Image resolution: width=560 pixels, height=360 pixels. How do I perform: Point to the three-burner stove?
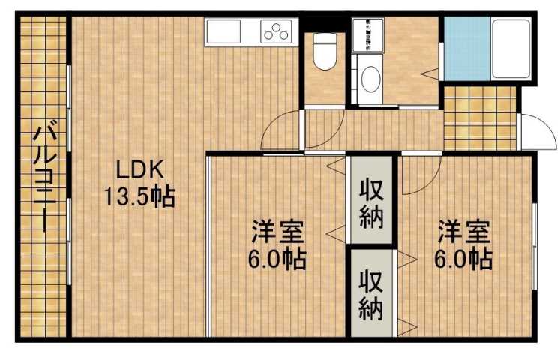[274, 31]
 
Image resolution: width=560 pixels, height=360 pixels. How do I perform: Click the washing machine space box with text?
[369, 33]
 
